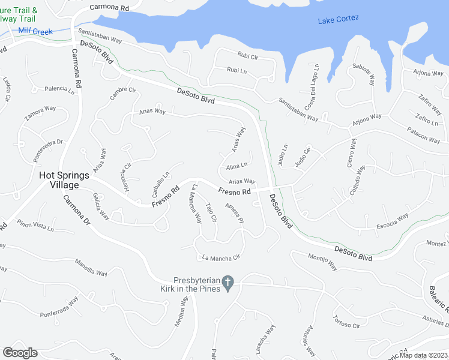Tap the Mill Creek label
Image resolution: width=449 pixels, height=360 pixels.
[x=35, y=31]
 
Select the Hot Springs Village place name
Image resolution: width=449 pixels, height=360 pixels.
[x=64, y=180]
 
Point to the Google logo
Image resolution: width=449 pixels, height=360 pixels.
[x=20, y=353]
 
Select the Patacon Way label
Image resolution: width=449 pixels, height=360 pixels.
[x=424, y=137]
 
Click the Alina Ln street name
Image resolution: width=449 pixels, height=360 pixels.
[x=237, y=166]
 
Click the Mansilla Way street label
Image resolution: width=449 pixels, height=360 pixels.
[x=91, y=267]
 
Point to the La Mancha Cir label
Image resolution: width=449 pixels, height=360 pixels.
[x=221, y=258]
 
